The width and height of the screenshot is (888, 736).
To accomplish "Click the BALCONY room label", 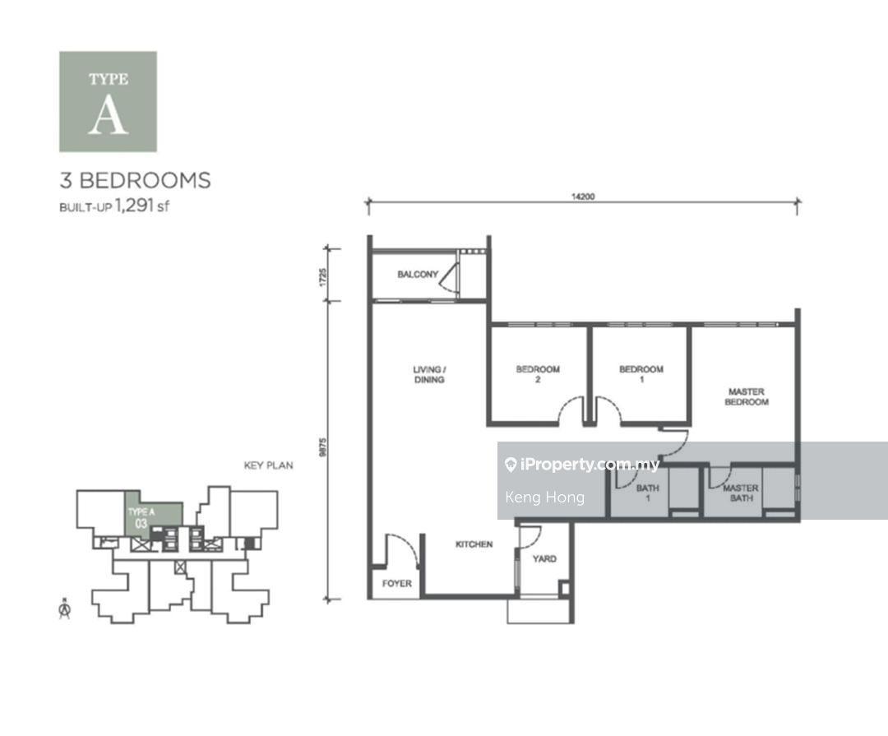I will click(x=418, y=274).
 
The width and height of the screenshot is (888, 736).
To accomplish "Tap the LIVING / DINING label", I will click(x=429, y=375).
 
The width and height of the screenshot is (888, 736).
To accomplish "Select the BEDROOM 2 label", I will click(x=538, y=375).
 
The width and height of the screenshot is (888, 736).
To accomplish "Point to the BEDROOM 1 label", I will click(x=641, y=375).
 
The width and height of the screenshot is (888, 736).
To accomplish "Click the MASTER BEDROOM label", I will click(x=746, y=397).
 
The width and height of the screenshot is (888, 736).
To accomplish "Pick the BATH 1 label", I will click(x=647, y=493).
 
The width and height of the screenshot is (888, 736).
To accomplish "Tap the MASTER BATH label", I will click(x=740, y=493).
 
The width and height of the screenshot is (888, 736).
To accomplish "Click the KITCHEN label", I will click(x=474, y=544).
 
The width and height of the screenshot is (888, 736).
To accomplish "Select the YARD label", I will click(x=543, y=559).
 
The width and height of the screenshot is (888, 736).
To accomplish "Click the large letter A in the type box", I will click(x=108, y=118).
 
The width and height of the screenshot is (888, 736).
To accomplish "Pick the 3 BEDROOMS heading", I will click(x=135, y=180).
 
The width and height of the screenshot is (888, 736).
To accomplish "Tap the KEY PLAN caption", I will click(x=268, y=465).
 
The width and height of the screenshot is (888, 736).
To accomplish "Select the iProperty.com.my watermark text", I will click(x=589, y=465).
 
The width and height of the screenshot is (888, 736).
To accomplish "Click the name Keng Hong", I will click(x=544, y=497).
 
